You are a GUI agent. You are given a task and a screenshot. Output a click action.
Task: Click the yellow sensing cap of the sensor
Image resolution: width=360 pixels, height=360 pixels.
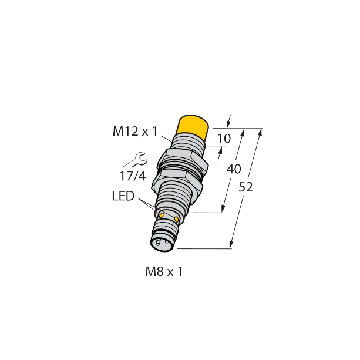(x=194, y=127)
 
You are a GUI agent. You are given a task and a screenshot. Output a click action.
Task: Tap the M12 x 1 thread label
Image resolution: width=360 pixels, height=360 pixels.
(x=134, y=133)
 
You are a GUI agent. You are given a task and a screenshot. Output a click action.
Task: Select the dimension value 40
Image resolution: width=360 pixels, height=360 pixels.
(x=233, y=169)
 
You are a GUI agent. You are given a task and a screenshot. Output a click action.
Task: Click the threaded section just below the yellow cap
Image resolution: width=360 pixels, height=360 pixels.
(x=187, y=144)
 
